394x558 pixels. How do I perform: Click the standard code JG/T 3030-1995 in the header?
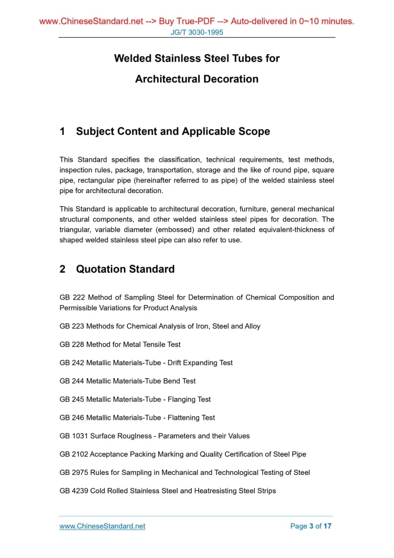(197, 32)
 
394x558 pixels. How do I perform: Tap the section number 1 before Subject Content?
(63, 132)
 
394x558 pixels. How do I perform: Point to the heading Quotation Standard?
(125, 269)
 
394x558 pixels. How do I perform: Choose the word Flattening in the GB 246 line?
(185, 417)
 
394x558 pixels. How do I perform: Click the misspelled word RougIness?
(134, 436)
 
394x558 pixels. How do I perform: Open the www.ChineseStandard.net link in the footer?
(102, 526)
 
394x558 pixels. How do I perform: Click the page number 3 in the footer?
(311, 526)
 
